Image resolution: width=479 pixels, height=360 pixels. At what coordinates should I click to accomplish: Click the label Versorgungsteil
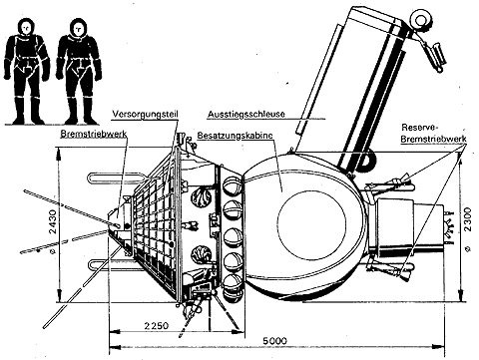tap(146, 114)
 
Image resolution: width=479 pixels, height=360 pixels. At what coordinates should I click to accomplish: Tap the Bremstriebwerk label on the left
tap(94, 134)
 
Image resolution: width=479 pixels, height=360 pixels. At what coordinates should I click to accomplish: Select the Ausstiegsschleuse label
tap(246, 114)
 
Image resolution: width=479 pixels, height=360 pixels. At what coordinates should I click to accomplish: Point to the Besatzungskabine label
tap(236, 136)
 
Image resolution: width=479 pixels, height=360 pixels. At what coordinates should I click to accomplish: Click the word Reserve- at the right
tap(420, 128)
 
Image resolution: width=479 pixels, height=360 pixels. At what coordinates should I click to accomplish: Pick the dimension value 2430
tap(53, 221)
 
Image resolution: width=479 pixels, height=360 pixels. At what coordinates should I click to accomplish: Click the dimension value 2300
tap(467, 219)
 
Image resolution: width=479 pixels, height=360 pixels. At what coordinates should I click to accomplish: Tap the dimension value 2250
tap(157, 325)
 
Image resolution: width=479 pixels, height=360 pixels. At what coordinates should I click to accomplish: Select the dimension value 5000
tap(274, 341)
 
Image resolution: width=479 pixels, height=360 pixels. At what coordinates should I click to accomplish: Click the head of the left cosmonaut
tap(26, 28)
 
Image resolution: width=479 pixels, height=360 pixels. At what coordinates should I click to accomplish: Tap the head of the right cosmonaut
tap(79, 28)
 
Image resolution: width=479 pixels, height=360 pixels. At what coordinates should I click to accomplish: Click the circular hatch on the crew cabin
tap(311, 221)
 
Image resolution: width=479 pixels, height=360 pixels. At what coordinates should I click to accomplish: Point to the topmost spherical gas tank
tap(233, 185)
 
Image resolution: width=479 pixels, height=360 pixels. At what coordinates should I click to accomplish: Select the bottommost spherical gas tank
tap(233, 286)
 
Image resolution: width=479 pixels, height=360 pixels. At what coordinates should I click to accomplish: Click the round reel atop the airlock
tap(420, 20)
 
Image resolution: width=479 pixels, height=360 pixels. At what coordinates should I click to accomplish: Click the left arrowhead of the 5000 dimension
tap(115, 347)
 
